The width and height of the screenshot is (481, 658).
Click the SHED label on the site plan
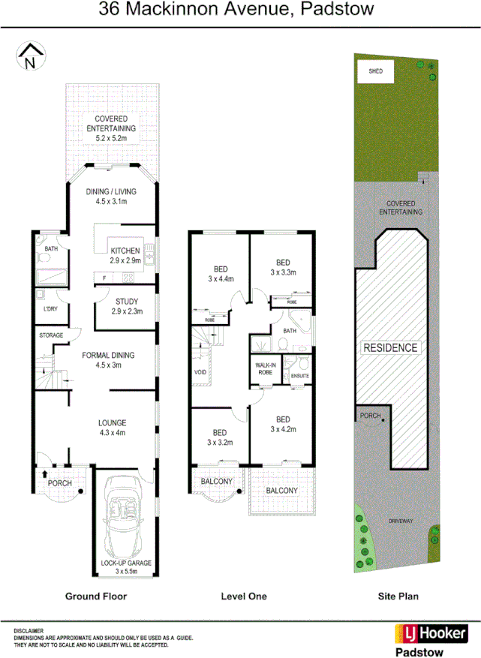[376, 72]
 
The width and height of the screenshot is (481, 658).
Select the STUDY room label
[126, 302]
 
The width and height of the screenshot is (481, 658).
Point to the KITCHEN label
[125, 251]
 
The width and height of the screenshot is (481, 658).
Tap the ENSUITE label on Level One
[299, 376]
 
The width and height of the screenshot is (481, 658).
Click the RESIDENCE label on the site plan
[390, 348]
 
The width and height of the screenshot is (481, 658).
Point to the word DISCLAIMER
[29, 631]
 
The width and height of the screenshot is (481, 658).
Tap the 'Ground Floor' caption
[95, 596]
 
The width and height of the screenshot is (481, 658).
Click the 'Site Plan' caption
[398, 596]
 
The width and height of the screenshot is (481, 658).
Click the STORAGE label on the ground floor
[51, 335]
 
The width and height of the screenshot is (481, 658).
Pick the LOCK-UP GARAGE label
[126, 563]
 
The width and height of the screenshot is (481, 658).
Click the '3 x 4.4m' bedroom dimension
[221, 279]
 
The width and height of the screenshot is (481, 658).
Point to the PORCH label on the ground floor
[59, 483]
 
